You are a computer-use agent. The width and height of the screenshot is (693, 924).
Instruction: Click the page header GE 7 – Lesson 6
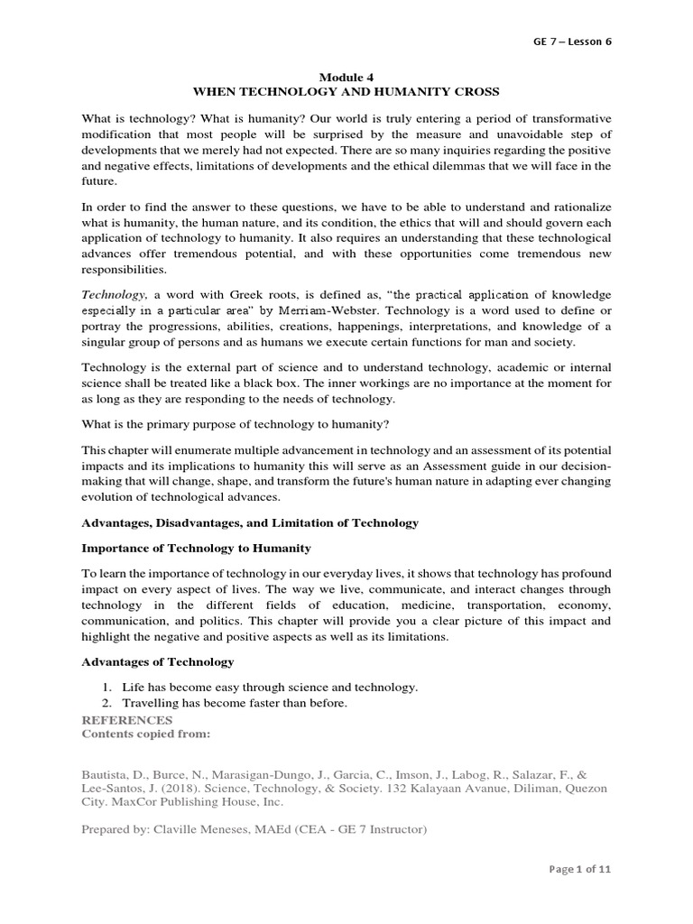(x=574, y=42)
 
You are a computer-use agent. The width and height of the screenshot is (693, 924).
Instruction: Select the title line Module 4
(x=346, y=78)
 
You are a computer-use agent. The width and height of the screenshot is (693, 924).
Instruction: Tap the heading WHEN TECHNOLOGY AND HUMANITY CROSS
(x=346, y=93)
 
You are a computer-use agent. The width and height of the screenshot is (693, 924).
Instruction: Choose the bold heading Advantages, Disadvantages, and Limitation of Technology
(x=250, y=522)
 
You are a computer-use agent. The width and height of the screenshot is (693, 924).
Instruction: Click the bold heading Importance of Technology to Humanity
(x=196, y=548)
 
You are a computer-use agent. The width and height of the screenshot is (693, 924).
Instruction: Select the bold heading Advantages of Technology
(x=158, y=661)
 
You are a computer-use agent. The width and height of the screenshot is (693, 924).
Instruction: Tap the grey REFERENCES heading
(x=126, y=720)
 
